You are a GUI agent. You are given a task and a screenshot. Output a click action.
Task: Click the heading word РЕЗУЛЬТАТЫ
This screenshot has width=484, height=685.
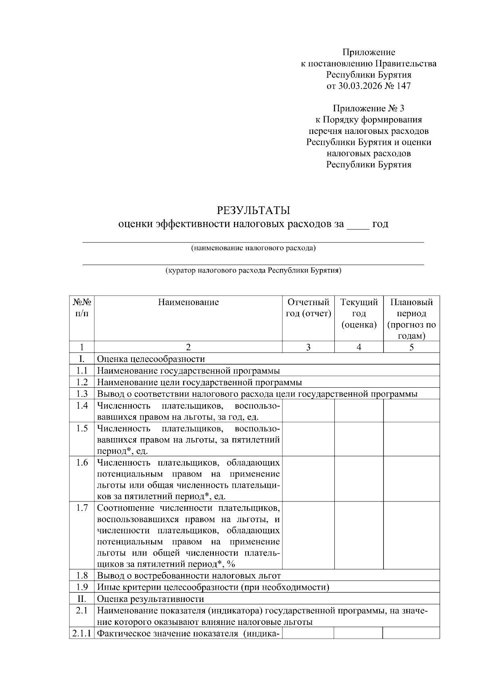click(253, 210)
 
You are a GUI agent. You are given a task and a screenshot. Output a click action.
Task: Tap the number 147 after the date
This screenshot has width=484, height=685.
click(404, 86)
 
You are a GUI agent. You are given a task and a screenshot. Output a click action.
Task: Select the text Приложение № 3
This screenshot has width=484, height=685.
click(368, 108)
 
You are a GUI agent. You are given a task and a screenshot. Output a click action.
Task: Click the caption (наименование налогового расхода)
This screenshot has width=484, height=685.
click(253, 248)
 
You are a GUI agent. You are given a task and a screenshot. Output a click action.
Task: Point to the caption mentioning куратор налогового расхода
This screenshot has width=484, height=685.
click(253, 271)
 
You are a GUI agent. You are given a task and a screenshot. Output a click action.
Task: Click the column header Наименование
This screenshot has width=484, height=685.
click(188, 302)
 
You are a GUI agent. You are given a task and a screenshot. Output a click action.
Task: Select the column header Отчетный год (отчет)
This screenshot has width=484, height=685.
click(308, 308)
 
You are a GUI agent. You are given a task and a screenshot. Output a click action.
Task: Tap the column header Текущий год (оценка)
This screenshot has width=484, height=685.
click(359, 313)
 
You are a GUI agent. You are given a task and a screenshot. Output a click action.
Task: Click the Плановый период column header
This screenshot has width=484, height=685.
click(411, 319)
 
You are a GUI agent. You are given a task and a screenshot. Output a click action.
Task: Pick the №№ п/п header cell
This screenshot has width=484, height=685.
click(82, 308)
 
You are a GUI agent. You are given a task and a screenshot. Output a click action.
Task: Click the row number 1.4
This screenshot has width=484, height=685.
click(82, 405)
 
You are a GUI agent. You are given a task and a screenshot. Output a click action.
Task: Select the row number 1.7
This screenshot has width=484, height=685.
click(82, 507)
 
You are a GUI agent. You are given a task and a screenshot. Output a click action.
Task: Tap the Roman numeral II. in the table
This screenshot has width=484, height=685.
click(82, 599)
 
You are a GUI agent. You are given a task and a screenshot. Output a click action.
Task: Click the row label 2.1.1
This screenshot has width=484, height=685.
click(82, 633)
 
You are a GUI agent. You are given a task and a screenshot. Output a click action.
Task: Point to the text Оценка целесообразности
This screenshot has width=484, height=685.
click(151, 359)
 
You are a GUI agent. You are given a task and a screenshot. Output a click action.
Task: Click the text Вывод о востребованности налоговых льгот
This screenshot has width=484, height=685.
click(189, 576)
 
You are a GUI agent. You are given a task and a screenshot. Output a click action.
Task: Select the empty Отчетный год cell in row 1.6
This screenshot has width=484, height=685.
click(308, 478)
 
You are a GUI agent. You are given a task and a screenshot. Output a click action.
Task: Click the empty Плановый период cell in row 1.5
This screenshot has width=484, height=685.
click(411, 439)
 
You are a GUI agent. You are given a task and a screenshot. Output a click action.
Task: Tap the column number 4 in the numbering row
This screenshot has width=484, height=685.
click(359, 347)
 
